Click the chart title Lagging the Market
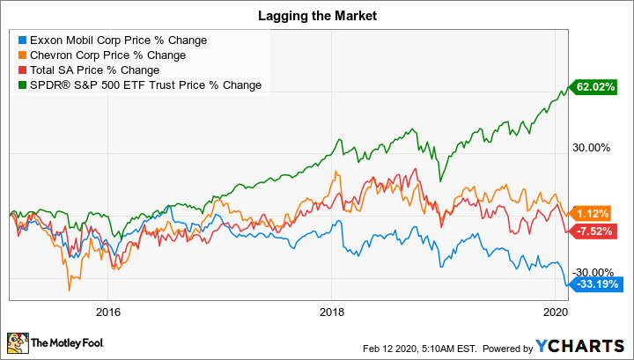pyautogui.click(x=317, y=15)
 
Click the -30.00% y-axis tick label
pyautogui.click(x=593, y=272)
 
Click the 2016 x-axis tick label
pyautogui.click(x=107, y=312)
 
